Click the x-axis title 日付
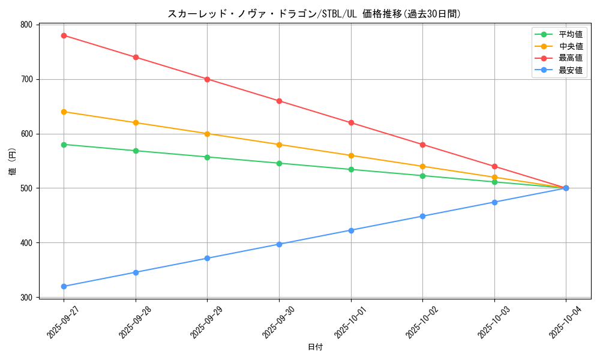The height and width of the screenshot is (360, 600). pyautogui.click(x=315, y=347)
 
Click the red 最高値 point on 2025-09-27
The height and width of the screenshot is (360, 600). pyautogui.click(x=64, y=35)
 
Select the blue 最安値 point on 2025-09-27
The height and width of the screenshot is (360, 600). pyautogui.click(x=64, y=286)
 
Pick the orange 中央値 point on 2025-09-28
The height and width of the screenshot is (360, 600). pyautogui.click(x=136, y=122)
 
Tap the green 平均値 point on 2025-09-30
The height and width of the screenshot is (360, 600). pyautogui.click(x=279, y=163)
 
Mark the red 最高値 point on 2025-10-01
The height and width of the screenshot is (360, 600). pyautogui.click(x=351, y=122)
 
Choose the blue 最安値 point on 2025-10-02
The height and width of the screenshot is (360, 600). pyautogui.click(x=422, y=216)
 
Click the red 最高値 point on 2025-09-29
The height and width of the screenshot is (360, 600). pyautogui.click(x=207, y=79)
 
